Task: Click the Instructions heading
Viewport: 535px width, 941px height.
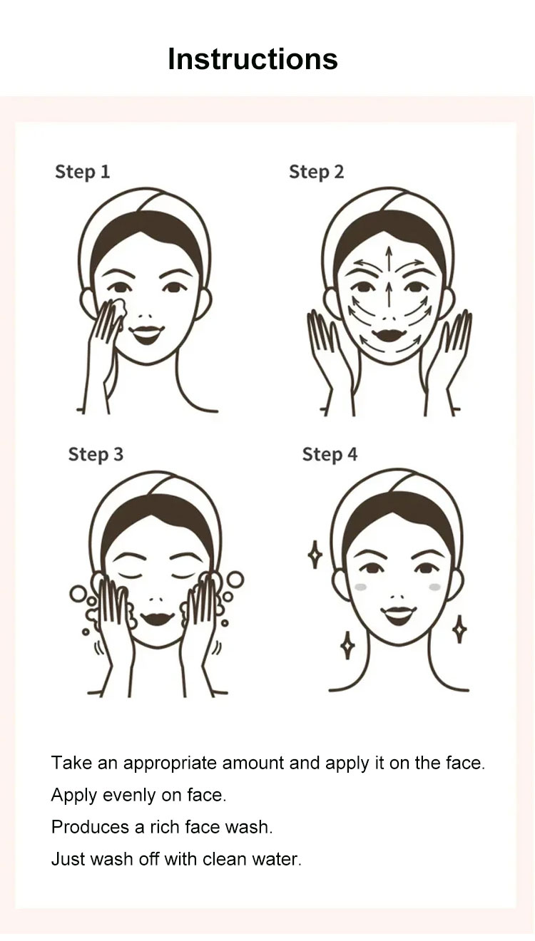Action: [253, 58]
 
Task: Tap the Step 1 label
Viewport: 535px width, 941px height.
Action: [82, 173]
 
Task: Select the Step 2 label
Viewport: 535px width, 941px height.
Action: [316, 173]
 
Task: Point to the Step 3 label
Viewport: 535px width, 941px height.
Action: [96, 455]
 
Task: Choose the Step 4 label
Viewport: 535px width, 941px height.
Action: [330, 455]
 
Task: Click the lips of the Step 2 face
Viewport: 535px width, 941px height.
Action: [389, 334]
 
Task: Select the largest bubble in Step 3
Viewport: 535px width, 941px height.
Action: [236, 580]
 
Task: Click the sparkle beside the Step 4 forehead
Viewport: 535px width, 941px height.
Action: [315, 555]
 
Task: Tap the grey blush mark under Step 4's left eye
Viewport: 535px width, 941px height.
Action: [361, 587]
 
